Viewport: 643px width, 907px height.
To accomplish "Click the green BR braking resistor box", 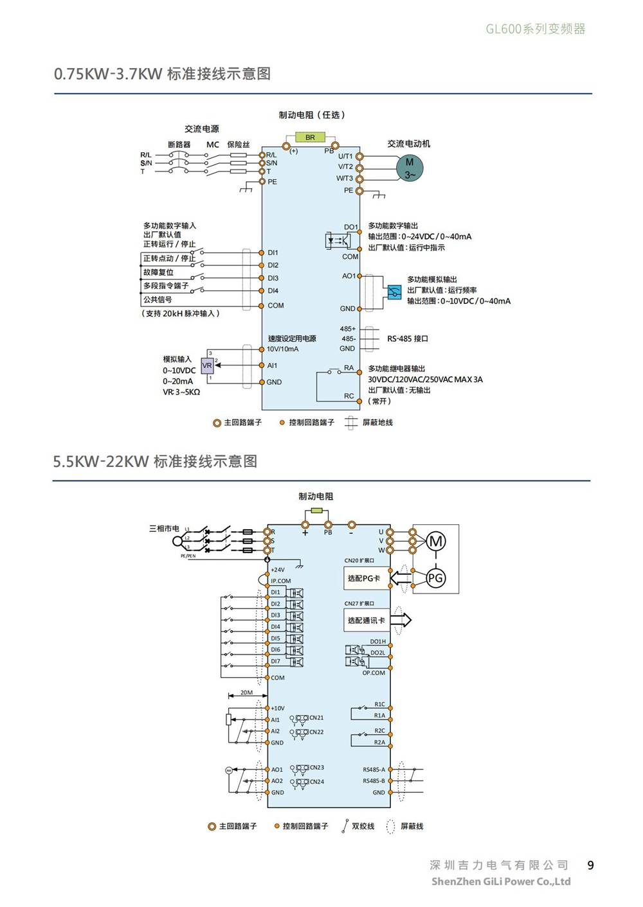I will pos(310,137).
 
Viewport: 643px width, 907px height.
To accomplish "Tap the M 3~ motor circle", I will pos(410,168).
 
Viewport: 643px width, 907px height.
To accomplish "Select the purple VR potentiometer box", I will pos(207,365).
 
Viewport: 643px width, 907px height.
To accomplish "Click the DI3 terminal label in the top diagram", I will pos(273,278).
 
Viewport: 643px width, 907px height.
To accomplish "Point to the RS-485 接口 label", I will pos(407,339).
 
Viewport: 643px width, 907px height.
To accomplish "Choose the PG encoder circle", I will pos(435,578).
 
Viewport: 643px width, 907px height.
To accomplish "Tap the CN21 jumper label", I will pos(316,718).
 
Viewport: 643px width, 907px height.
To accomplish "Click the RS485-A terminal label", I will pos(374,770).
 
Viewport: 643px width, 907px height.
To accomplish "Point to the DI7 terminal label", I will pos(275,661).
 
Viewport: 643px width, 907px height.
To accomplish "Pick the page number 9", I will pos(590,865).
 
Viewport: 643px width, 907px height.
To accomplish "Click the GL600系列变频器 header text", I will pos(535,29).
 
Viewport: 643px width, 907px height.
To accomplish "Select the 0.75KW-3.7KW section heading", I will pos(162,74).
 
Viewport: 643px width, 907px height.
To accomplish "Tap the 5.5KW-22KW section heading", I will pos(155,461).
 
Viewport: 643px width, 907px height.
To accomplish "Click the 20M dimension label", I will pos(246,692).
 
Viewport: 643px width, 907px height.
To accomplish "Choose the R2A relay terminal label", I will pos(379,743).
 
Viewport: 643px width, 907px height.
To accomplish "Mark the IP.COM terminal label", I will pos(280,581).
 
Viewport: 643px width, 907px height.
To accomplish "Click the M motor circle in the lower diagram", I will pos(436,541).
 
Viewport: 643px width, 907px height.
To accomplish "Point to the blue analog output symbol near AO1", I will pos(394,292).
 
